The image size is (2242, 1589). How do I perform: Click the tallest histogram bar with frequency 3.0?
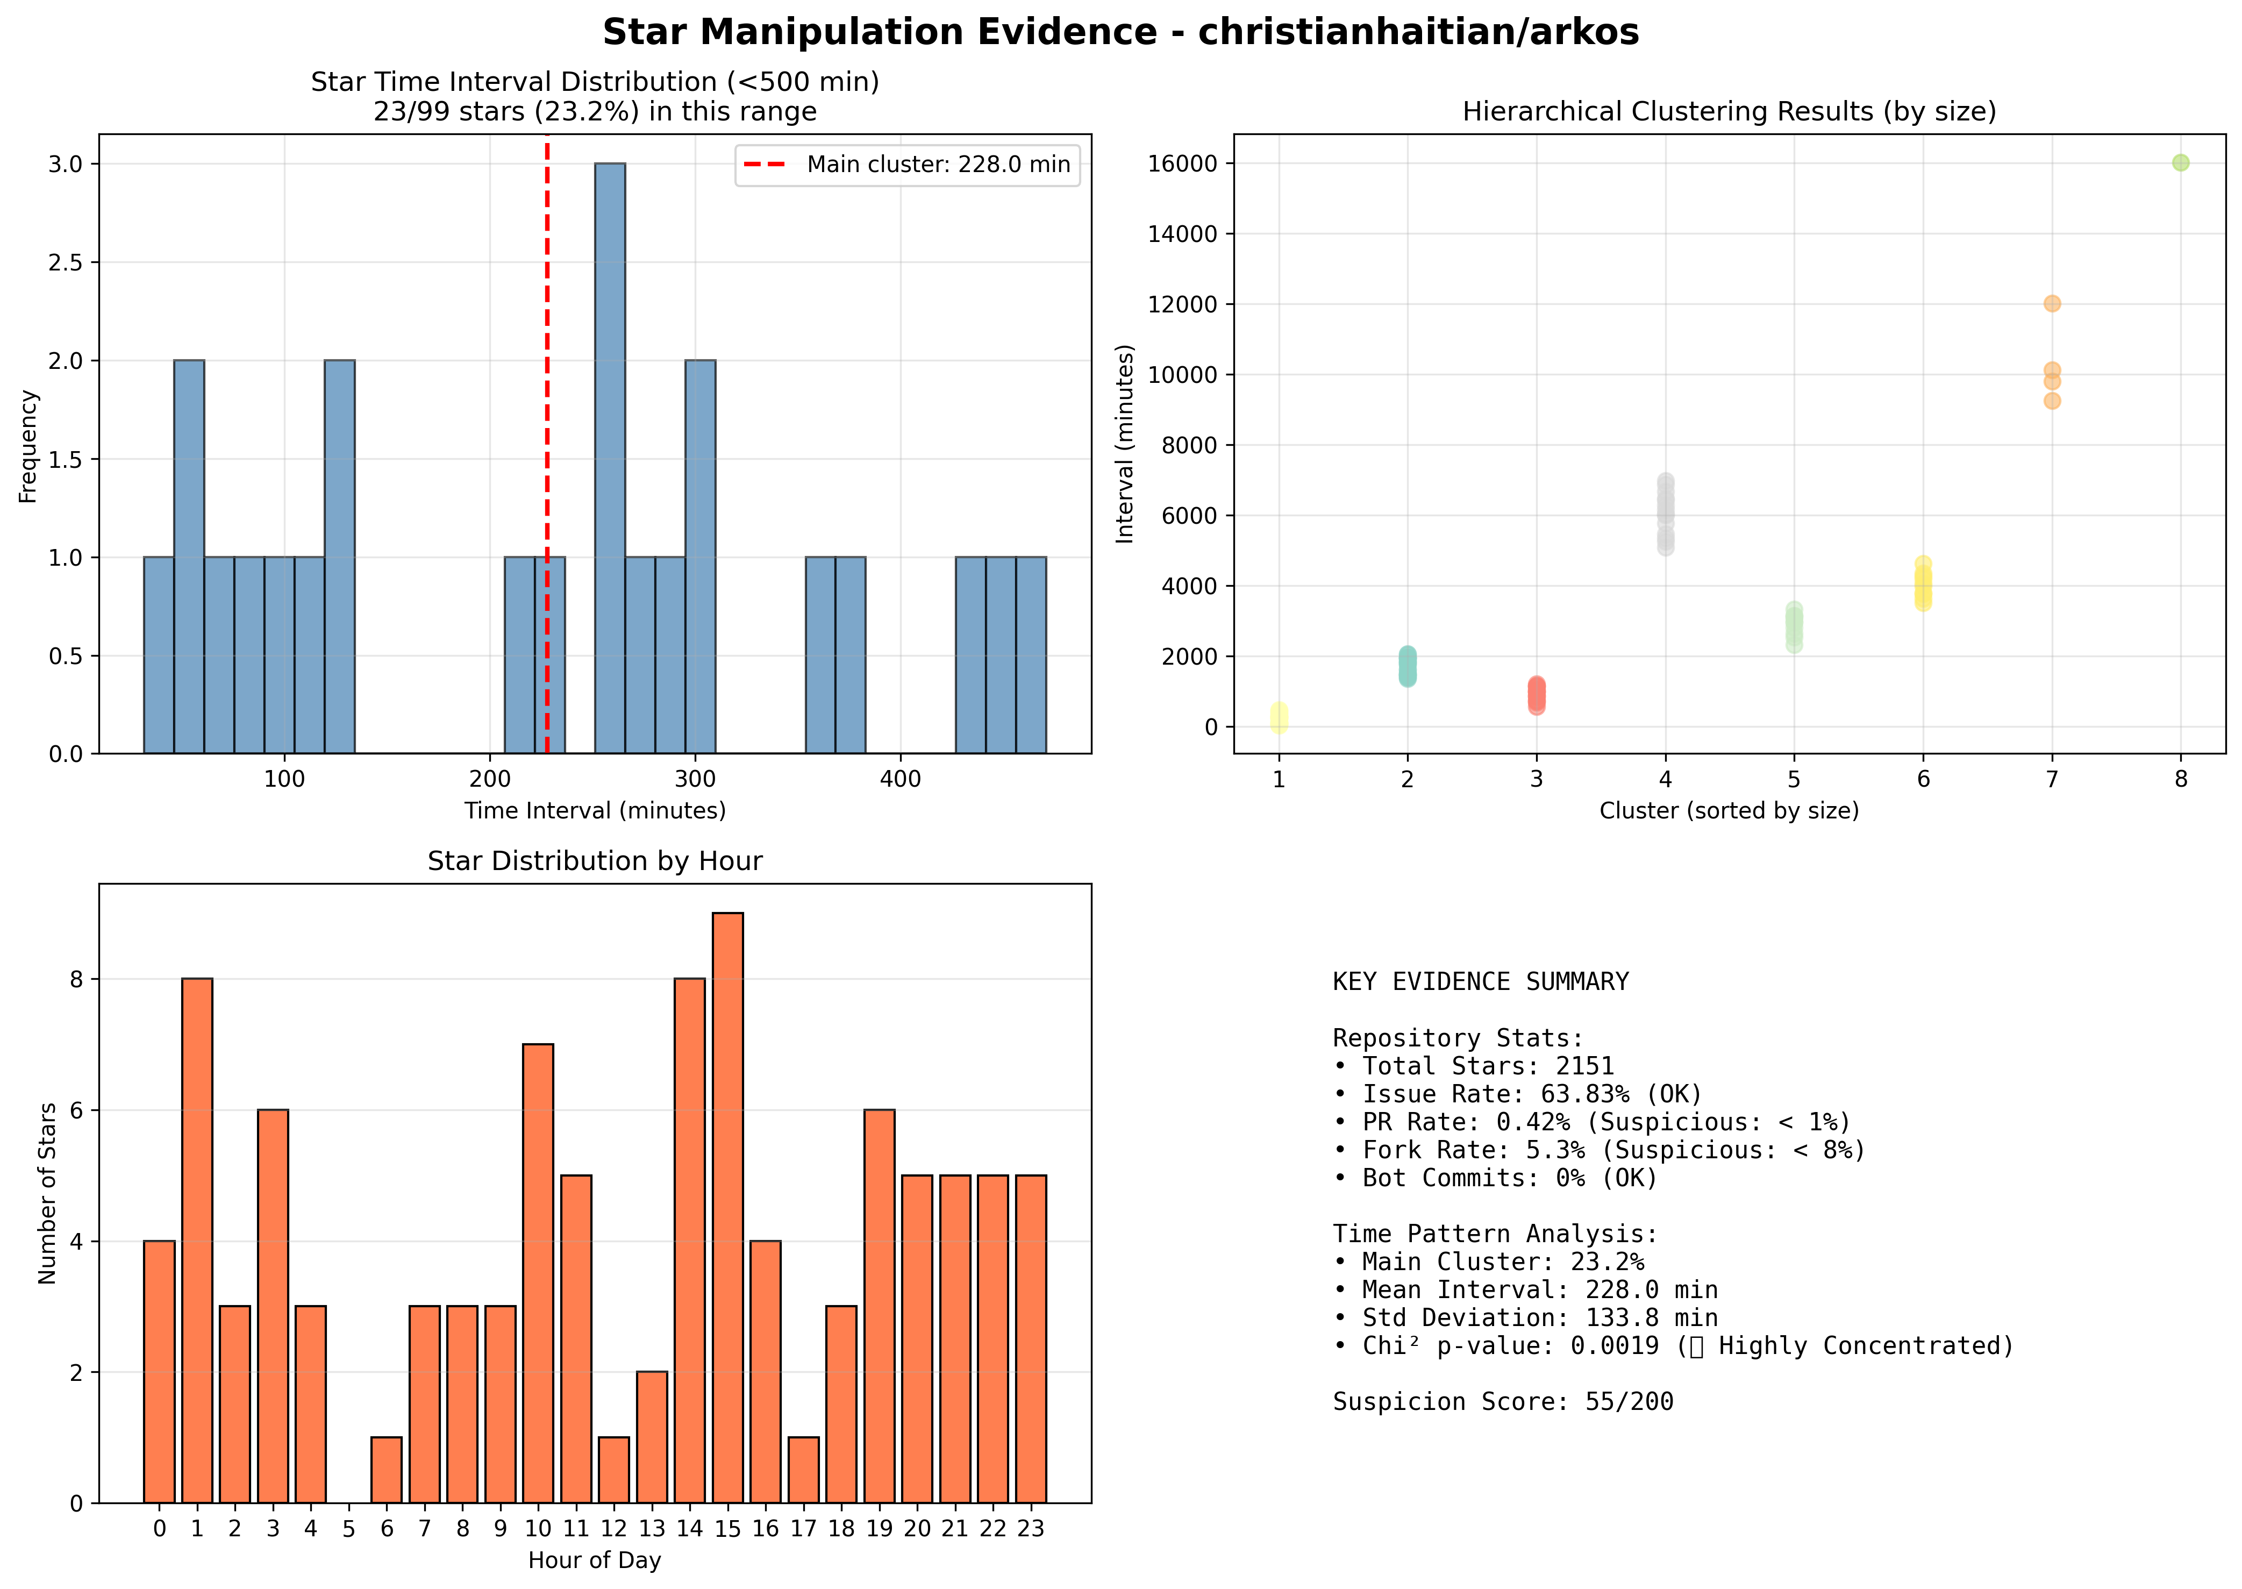click(609, 458)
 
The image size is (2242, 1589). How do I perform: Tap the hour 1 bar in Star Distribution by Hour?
click(197, 1241)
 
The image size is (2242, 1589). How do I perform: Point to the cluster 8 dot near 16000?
click(2180, 162)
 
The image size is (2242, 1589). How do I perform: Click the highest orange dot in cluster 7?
click(2052, 303)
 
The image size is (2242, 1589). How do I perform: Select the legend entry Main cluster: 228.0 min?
click(908, 165)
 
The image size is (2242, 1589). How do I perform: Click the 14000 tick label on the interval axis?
click(1183, 234)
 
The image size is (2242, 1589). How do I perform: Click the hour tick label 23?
click(1031, 1528)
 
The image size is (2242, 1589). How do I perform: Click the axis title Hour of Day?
click(595, 1559)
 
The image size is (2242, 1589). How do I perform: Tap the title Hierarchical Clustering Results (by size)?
click(1730, 111)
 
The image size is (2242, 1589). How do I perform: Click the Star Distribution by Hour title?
click(595, 861)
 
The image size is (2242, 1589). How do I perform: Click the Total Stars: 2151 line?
click(1473, 1066)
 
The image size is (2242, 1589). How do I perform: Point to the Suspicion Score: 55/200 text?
click(1503, 1402)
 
